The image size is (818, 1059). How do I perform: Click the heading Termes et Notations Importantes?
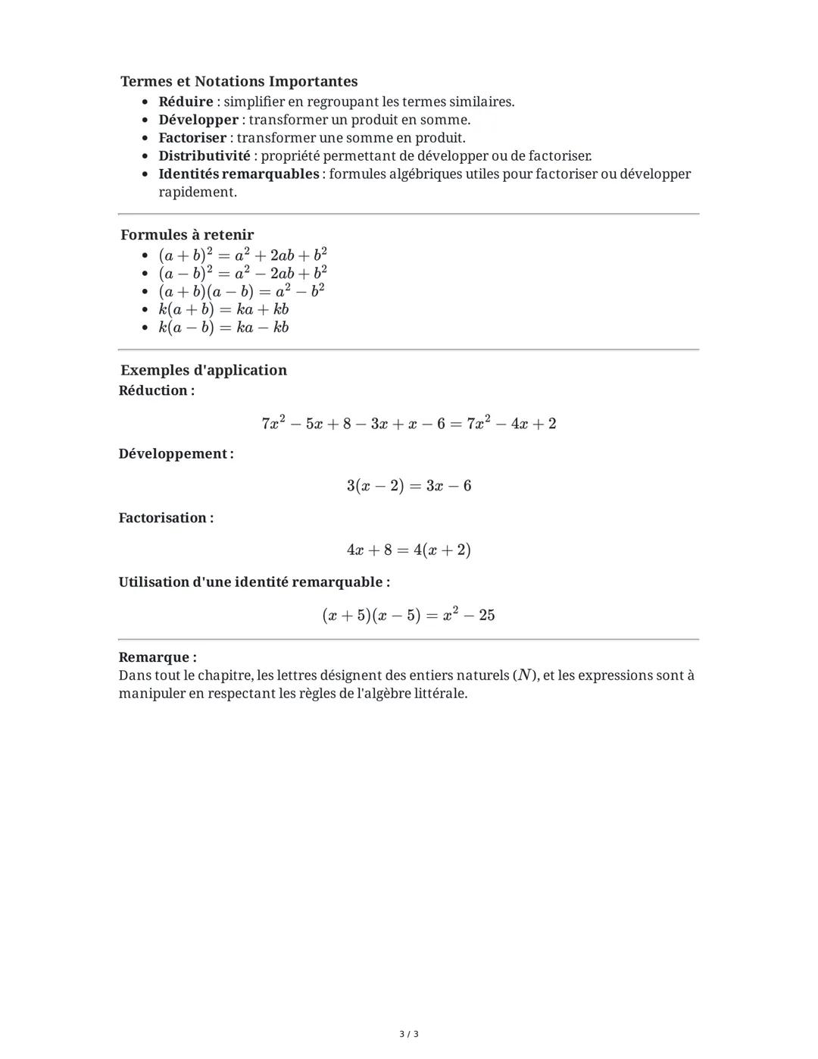239,81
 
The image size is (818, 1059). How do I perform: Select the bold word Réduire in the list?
186,102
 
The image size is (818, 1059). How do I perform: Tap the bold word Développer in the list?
198,120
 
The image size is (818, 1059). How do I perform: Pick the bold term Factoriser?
192,138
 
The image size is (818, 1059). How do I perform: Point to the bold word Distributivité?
204,156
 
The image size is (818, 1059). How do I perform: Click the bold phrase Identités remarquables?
239,174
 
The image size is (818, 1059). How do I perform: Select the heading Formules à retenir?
187,235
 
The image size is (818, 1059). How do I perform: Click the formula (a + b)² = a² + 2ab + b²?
242,255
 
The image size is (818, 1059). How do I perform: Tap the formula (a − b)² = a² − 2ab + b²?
242,273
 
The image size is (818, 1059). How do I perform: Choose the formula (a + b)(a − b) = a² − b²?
241,291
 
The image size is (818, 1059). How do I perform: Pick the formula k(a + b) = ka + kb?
223,309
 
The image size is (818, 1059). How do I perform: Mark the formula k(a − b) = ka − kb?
223,327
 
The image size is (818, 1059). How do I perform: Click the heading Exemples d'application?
203,370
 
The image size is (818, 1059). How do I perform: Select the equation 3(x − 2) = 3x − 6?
408,486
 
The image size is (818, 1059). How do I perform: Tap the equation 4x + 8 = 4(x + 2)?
408,550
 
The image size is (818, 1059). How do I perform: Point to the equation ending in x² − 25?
408,615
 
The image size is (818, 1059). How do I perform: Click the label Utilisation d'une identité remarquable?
254,582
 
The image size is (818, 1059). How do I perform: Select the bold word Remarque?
157,657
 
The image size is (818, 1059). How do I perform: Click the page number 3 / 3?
408,1034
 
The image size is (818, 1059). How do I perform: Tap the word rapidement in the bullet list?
197,193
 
